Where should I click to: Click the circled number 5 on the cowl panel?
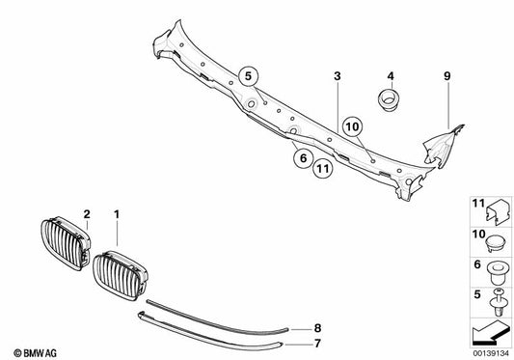tap(248, 73)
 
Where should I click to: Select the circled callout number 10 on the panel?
tap(351, 125)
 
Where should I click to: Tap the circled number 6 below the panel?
tap(302, 157)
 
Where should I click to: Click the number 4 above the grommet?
tap(392, 75)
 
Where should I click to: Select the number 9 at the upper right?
tap(446, 75)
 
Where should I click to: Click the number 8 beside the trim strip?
tap(320, 329)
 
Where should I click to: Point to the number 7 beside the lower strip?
tap(320, 342)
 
